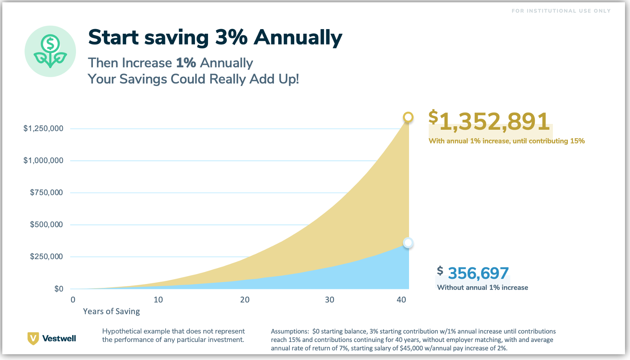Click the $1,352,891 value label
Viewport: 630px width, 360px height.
coord(490,121)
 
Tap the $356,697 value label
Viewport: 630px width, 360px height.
coord(478,273)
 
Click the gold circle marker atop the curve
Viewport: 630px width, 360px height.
coord(408,117)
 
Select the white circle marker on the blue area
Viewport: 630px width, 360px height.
coord(408,243)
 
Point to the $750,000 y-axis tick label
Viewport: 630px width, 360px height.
coord(46,192)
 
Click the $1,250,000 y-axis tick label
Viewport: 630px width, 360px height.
coord(43,128)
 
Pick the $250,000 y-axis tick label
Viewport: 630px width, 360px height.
coord(46,256)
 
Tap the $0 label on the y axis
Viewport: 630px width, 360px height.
coord(59,289)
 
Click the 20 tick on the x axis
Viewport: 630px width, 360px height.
coord(245,300)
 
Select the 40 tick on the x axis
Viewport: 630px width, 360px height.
coord(401,300)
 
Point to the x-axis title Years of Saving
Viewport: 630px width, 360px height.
coord(111,311)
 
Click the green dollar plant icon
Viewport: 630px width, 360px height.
coord(50,51)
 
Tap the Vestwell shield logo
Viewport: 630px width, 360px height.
coord(33,338)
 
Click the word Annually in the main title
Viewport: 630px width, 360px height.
coord(298,38)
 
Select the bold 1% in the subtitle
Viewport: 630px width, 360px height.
coord(186,63)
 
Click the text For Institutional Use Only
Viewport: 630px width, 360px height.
coord(561,11)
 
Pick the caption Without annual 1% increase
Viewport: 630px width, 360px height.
coord(482,287)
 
